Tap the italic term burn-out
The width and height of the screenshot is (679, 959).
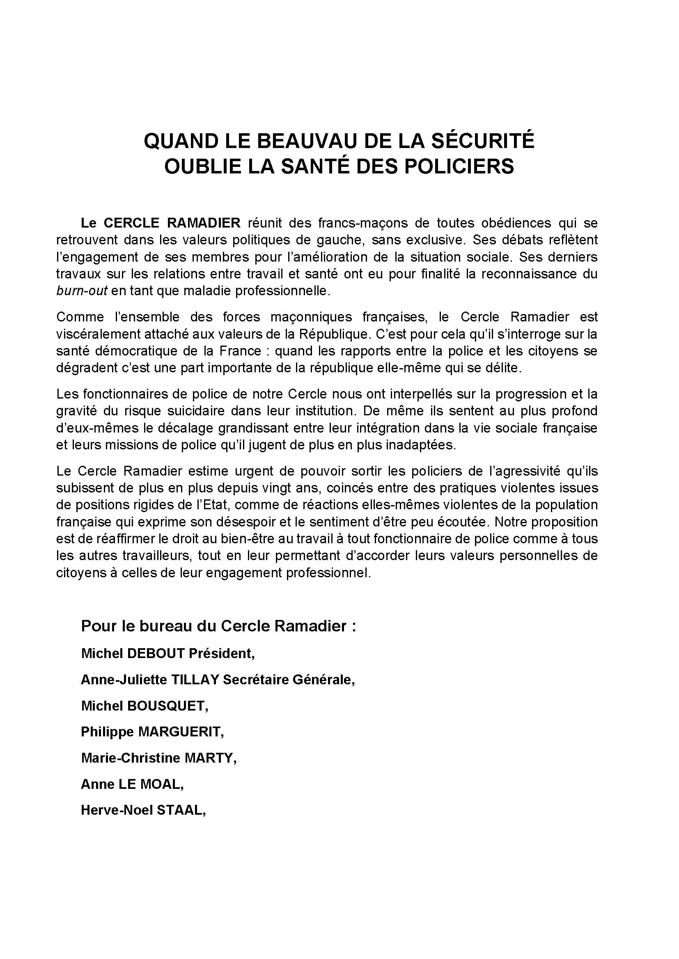pos(82,291)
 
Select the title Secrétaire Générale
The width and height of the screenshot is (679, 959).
pos(288,680)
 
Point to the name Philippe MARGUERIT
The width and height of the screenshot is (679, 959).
pos(152,732)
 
